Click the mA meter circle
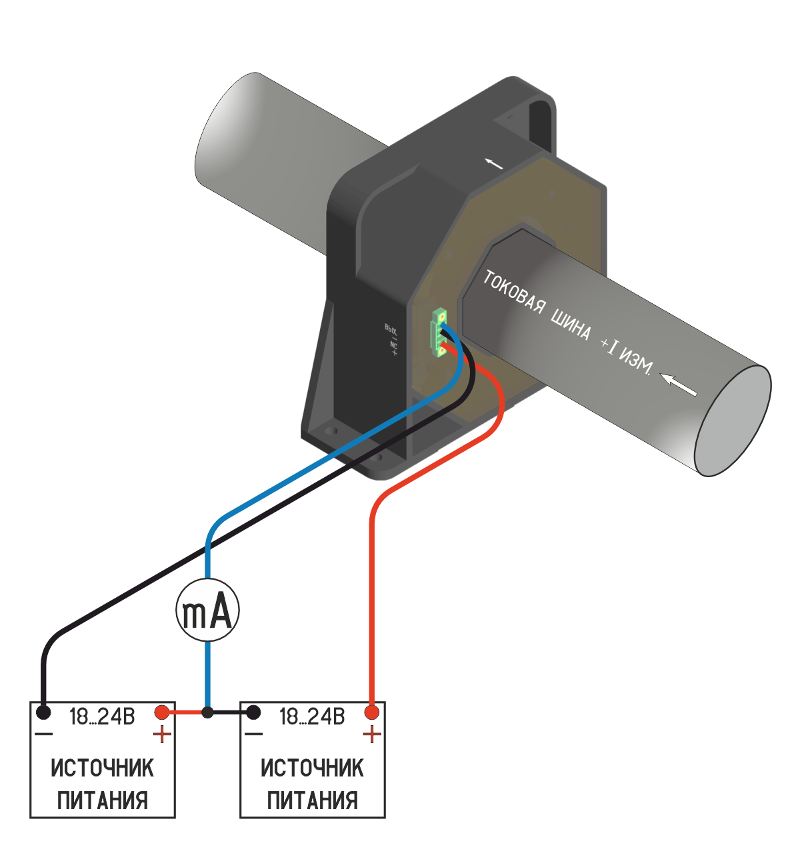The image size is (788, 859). [x=207, y=610]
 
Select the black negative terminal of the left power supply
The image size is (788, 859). [x=44, y=712]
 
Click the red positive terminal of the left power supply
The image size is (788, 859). [x=161, y=712]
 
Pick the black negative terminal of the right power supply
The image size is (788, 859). [x=253, y=712]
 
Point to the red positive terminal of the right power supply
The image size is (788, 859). [x=371, y=712]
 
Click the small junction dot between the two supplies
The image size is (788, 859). [x=207, y=712]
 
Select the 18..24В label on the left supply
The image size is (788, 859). [x=102, y=717]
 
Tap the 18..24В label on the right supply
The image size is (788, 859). [x=312, y=717]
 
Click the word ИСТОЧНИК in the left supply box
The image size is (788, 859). [x=102, y=768]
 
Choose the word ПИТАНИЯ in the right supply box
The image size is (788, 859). [x=312, y=800]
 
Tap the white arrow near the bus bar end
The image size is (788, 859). [x=679, y=385]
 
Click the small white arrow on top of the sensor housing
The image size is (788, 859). [x=493, y=163]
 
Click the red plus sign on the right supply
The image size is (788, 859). [x=371, y=735]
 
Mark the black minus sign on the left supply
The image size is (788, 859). [x=44, y=734]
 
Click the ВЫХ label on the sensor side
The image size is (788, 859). [x=391, y=328]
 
